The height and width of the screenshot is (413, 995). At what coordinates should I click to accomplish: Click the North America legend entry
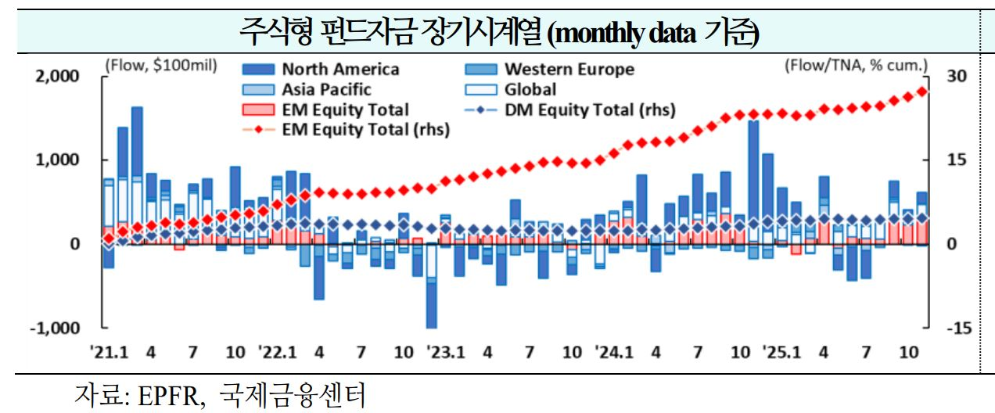point(340,70)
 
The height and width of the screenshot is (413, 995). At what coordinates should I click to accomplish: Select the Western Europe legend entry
point(569,70)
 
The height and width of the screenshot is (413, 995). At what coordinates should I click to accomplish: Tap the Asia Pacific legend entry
point(326,90)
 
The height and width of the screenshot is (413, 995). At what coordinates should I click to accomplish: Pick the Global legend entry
point(530,90)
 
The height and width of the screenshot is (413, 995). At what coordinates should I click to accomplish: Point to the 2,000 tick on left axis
point(58,76)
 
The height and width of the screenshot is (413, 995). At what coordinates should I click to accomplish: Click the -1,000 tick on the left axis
point(55,328)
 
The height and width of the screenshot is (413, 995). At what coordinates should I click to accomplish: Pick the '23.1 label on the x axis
point(446,353)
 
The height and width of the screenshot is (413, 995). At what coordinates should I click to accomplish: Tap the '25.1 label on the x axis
point(783,353)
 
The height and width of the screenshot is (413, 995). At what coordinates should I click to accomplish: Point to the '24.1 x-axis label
point(614,353)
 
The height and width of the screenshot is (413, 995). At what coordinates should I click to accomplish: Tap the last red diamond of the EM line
point(922,92)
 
